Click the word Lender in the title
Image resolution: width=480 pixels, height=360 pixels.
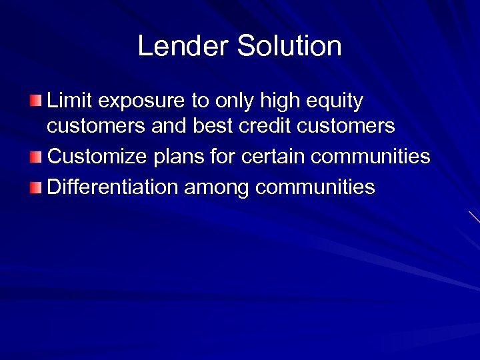click(183, 46)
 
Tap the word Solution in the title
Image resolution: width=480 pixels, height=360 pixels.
click(289, 46)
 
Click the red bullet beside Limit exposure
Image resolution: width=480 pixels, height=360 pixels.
click(35, 102)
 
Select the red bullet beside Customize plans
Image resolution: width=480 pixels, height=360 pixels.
click(35, 157)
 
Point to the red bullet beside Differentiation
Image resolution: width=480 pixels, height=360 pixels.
click(35, 187)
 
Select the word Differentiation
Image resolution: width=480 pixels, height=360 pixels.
click(113, 187)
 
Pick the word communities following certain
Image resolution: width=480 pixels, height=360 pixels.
click(371, 157)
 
